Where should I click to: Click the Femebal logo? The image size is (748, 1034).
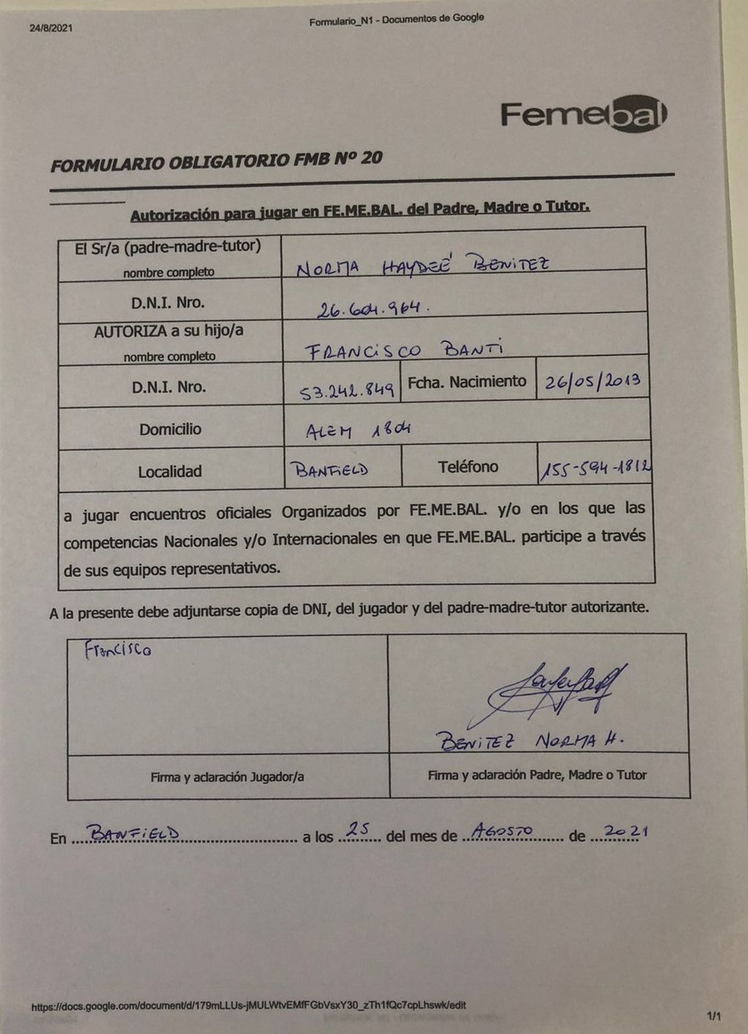(584, 116)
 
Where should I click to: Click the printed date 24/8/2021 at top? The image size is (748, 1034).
(51, 29)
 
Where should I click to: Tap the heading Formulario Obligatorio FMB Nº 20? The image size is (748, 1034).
(216, 161)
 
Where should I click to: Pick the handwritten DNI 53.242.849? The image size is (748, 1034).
(349, 391)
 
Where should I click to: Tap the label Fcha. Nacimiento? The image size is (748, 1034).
(467, 382)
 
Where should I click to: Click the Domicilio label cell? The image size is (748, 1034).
(170, 429)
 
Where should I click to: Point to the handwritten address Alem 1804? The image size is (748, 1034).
(357, 430)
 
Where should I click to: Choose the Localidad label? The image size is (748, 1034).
(169, 472)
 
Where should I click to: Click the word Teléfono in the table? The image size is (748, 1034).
(468, 467)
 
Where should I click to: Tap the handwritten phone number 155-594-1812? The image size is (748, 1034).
(595, 469)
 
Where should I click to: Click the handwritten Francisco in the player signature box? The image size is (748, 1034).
(117, 649)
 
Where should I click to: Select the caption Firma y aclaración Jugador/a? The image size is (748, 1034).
(227, 777)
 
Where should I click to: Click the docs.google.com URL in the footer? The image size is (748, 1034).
(248, 1006)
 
